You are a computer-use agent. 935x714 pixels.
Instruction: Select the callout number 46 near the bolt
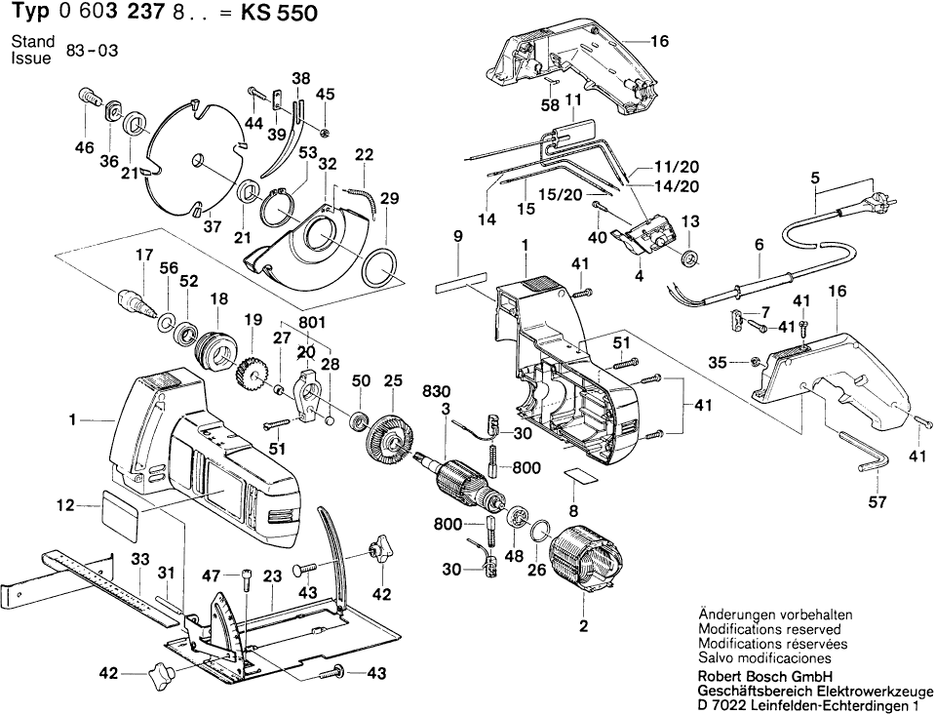(x=84, y=148)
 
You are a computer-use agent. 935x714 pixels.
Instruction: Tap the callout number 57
(x=877, y=502)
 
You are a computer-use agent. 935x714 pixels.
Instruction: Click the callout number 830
(x=435, y=390)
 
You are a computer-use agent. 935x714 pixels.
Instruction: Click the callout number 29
(x=390, y=199)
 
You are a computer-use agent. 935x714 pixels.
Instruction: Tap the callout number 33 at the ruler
(x=139, y=559)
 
